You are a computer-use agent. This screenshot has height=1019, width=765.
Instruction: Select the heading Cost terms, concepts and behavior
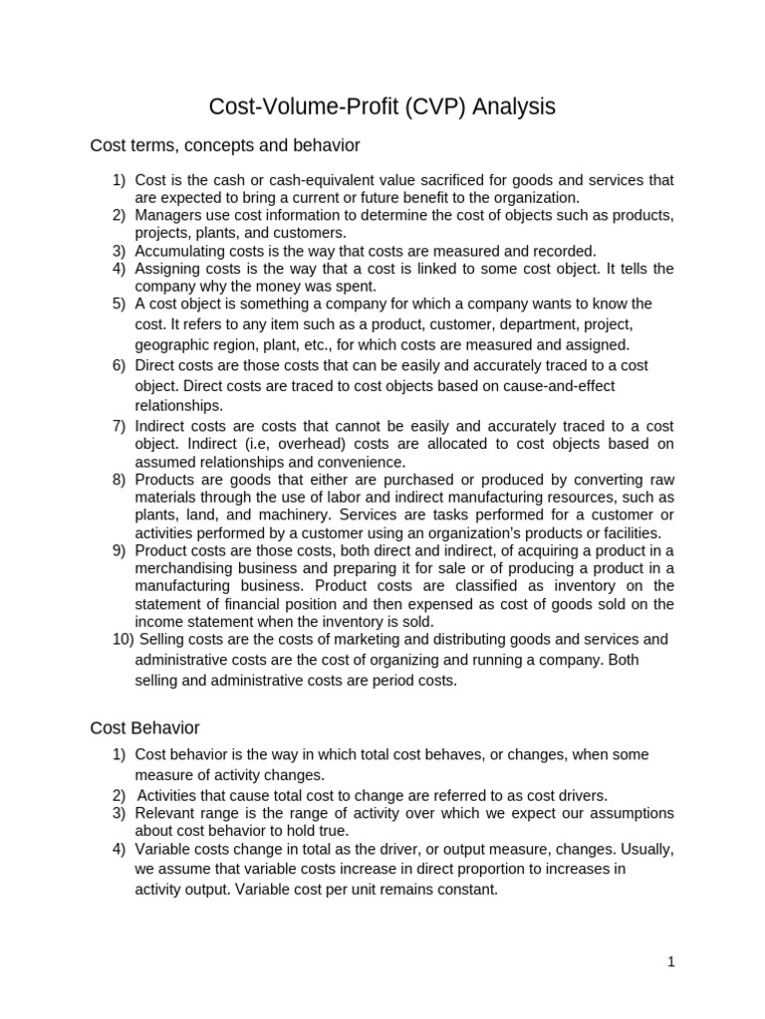225,146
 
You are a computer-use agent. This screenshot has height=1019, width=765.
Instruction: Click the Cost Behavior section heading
145,727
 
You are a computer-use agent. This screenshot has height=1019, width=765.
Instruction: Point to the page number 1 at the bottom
671,961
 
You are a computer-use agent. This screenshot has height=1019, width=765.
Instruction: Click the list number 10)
125,639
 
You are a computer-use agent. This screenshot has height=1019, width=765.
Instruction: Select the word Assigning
166,269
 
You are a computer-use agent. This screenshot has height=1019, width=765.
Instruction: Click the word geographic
172,345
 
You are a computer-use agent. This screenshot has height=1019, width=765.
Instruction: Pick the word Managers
167,215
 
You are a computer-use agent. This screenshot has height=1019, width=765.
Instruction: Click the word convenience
359,462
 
